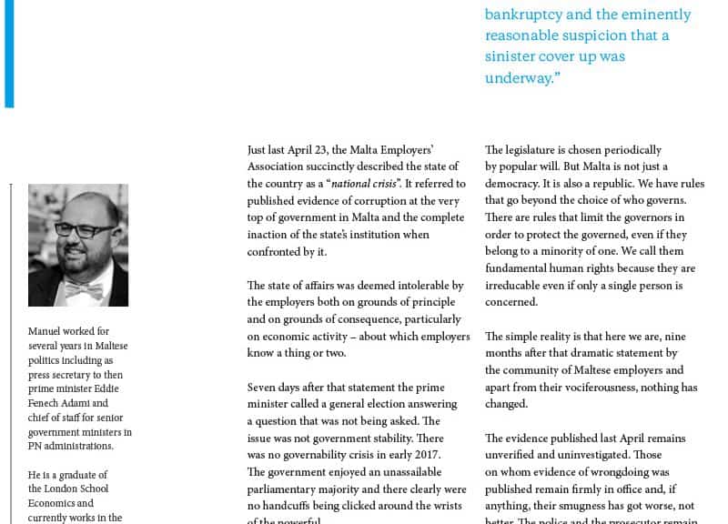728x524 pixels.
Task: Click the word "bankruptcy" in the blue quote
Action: point(524,15)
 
